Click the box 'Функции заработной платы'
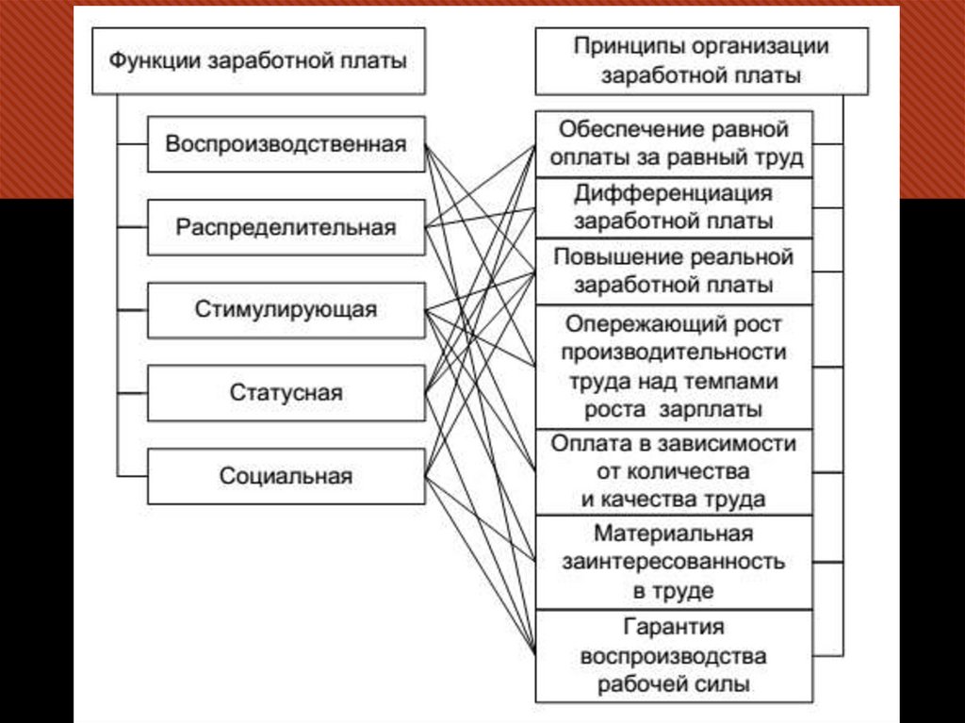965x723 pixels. (258, 61)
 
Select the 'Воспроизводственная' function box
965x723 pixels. (286, 144)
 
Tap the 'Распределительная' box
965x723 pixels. (286, 227)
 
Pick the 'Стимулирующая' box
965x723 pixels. (286, 309)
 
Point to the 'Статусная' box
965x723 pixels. (286, 392)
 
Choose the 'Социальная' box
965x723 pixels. (286, 476)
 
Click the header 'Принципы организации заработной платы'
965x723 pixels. (701, 61)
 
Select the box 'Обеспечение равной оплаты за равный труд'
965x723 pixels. (674, 143)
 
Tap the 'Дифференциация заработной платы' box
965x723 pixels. (674, 207)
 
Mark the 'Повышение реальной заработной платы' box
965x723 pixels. (674, 271)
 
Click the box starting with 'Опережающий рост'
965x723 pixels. (674, 367)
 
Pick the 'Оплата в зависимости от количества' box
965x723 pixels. (674, 471)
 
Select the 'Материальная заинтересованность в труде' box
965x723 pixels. (674, 563)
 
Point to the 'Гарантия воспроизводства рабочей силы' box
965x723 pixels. (674, 655)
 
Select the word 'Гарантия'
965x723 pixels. (674, 626)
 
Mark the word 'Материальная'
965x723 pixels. (674, 534)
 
